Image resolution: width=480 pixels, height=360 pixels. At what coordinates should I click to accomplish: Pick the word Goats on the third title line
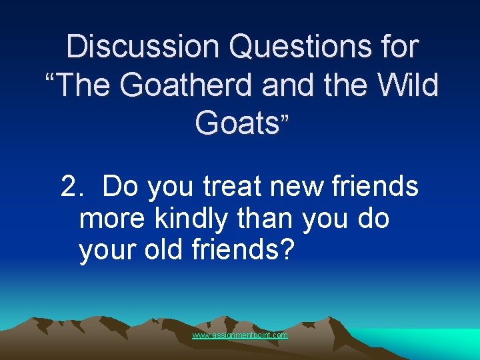(237, 123)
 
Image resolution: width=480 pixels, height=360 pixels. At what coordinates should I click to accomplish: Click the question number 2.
(69, 187)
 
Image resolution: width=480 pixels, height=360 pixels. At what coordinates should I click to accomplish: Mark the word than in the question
(273, 219)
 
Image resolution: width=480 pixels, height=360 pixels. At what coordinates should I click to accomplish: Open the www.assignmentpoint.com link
(240, 335)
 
